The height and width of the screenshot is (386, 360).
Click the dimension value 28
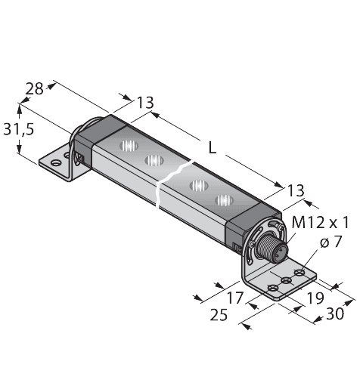[35, 89]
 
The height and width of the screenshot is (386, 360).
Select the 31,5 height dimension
[18, 130]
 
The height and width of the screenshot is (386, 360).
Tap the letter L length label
[213, 147]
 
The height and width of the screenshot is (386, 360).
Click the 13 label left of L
[145, 103]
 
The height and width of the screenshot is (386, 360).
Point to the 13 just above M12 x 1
[296, 190]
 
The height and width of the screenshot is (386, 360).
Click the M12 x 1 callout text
[320, 223]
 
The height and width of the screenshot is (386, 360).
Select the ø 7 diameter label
[331, 242]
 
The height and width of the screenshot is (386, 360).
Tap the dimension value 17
[235, 298]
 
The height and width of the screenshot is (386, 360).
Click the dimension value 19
[315, 298]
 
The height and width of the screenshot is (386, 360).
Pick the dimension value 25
[219, 315]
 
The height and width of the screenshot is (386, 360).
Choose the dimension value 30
[335, 313]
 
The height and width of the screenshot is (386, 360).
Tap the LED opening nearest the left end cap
[129, 146]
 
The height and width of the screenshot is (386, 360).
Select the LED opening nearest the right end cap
[224, 200]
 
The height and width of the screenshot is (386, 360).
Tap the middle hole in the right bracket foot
[286, 280]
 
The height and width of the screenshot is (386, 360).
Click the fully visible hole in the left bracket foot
[55, 163]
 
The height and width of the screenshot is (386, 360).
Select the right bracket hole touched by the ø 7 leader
[299, 273]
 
